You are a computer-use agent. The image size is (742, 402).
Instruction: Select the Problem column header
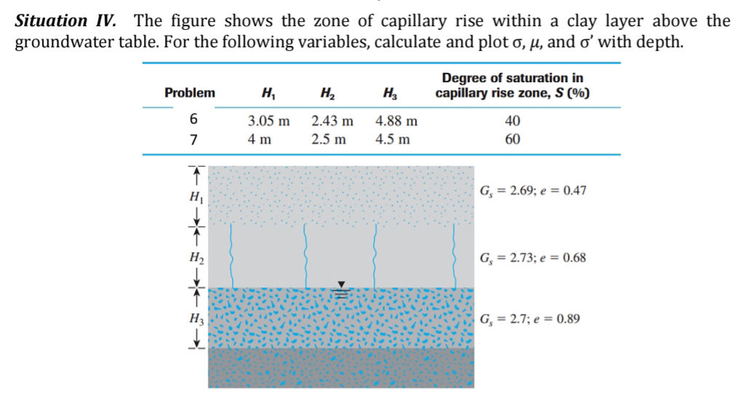(x=190, y=93)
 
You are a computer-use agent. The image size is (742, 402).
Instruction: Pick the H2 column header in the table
(x=326, y=93)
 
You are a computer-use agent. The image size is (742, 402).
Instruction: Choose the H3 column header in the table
(x=389, y=93)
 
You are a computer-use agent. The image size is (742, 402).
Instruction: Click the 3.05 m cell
(x=268, y=121)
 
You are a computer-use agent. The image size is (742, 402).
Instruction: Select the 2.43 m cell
(x=332, y=121)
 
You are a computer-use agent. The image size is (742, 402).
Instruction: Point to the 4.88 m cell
(x=396, y=121)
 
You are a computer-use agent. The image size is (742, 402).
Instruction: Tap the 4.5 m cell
(x=392, y=139)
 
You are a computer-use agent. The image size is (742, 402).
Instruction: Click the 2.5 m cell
(x=328, y=139)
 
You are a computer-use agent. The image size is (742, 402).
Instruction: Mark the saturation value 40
(x=512, y=121)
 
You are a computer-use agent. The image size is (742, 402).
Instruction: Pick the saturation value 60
(x=512, y=139)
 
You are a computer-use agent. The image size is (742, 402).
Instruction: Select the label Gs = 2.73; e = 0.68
(x=533, y=258)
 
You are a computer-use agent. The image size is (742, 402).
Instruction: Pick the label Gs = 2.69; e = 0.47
(x=533, y=191)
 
